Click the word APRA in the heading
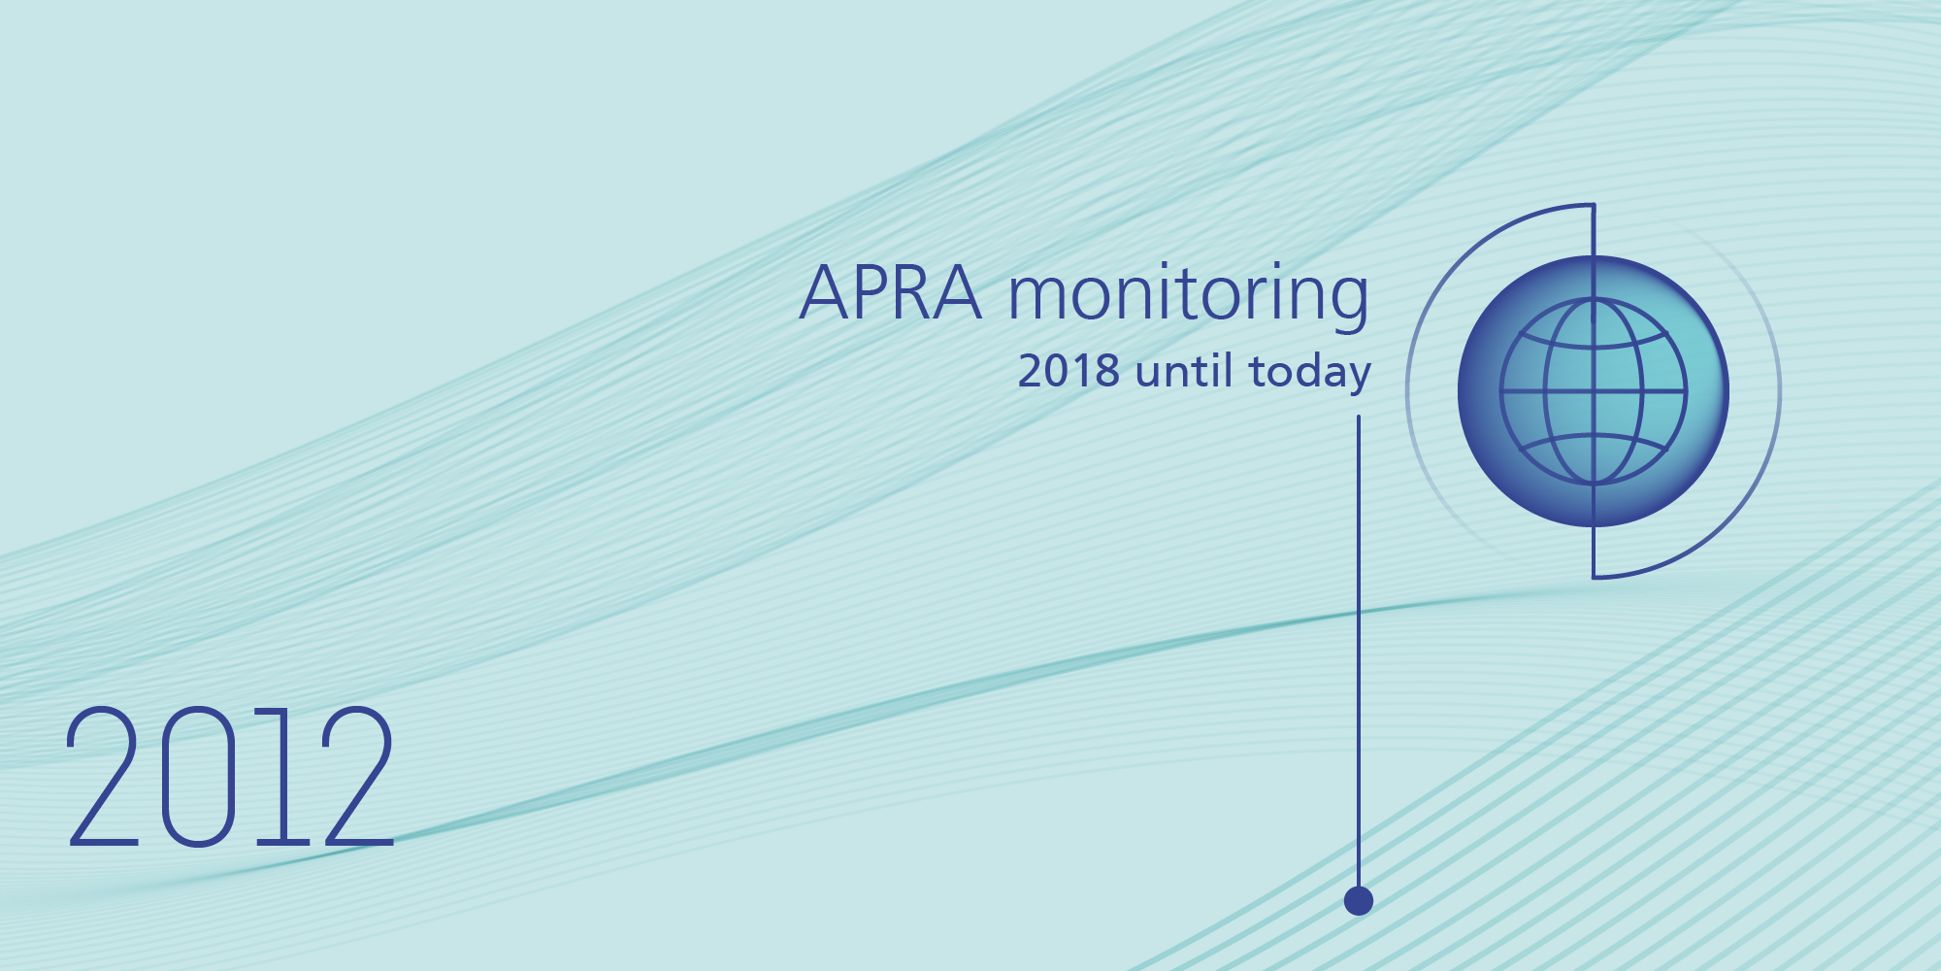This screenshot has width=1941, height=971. [890, 292]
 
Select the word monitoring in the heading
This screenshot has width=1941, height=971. [1188, 294]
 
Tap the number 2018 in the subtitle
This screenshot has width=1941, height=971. [1069, 371]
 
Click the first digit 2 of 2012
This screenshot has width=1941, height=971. [103, 777]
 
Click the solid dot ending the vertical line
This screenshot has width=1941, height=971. [1359, 901]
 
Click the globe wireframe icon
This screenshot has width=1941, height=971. [1594, 391]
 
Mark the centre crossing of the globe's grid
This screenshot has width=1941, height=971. [1594, 391]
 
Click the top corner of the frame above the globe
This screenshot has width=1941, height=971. [1594, 205]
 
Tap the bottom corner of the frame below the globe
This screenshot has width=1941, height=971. [1594, 578]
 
